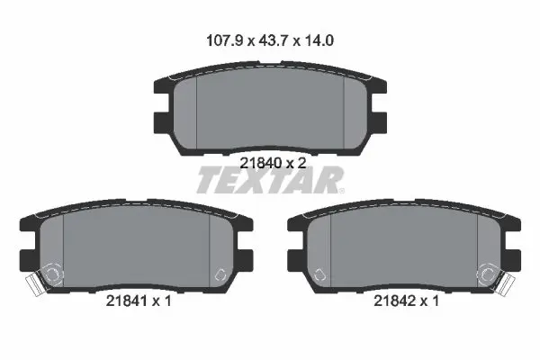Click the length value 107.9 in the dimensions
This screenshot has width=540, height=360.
[225, 40]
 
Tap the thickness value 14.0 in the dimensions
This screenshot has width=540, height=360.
[319, 40]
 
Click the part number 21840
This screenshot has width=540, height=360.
[261, 163]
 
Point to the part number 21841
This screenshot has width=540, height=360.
[127, 301]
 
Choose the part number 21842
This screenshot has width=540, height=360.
[395, 301]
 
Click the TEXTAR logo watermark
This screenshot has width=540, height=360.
[270, 180]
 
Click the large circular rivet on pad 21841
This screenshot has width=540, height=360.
[52, 274]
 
